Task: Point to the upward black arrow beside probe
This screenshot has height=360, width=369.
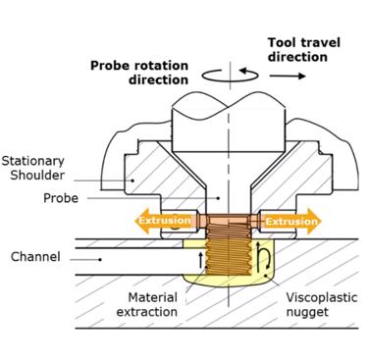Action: (202, 260)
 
